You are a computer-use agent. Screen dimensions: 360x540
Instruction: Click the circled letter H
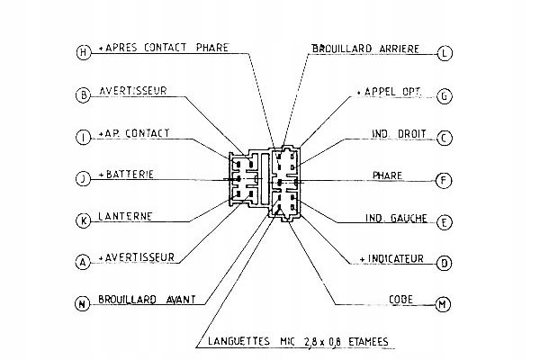tap(83, 52)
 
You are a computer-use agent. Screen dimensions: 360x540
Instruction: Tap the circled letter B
tap(83, 94)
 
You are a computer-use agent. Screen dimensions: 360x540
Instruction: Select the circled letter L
tap(444, 52)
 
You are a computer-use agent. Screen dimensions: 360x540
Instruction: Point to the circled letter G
tap(444, 94)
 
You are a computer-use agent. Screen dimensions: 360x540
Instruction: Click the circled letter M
tap(444, 304)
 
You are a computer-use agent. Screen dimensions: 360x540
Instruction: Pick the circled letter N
tap(83, 304)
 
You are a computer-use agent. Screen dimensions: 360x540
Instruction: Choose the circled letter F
tap(444, 180)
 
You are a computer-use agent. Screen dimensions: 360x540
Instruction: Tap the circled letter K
tap(83, 220)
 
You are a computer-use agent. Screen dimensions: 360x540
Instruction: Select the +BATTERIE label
tap(129, 174)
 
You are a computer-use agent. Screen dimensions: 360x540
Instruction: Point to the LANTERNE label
tap(125, 216)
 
